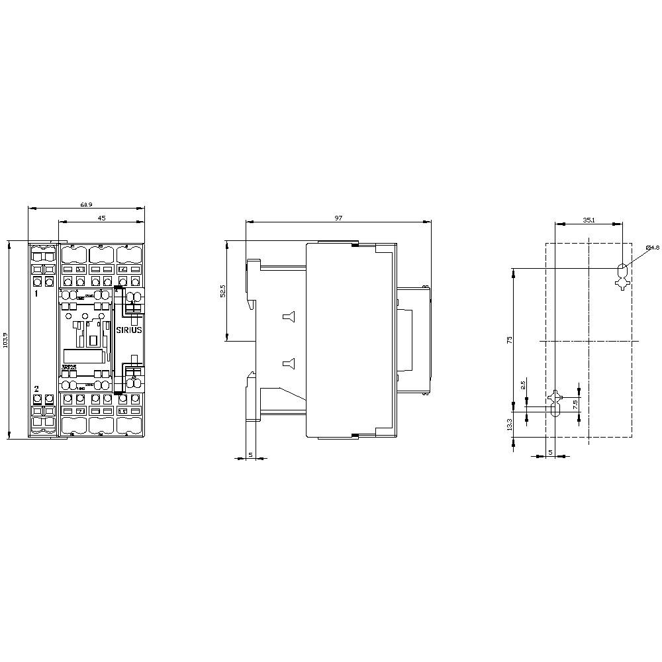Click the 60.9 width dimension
pyautogui.click(x=86, y=204)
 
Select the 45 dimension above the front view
pyautogui.click(x=101, y=217)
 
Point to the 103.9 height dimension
pyautogui.click(x=5, y=339)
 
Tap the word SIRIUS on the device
pyautogui.click(x=129, y=330)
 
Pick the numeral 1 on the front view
pyautogui.click(x=36, y=292)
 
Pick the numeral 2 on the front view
pyautogui.click(x=36, y=389)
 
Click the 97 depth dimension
pyautogui.click(x=338, y=217)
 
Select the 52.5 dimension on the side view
pyautogui.click(x=222, y=291)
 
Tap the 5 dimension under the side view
pyautogui.click(x=250, y=453)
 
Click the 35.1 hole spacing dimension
pyautogui.click(x=588, y=218)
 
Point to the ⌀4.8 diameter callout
pyautogui.click(x=652, y=248)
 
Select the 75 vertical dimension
pyautogui.click(x=509, y=339)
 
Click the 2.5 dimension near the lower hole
pyautogui.click(x=523, y=385)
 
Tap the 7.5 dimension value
pyautogui.click(x=575, y=403)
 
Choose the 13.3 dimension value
pyautogui.click(x=509, y=424)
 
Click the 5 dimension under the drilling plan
pyautogui.click(x=551, y=453)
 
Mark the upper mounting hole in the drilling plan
pyautogui.click(x=622, y=269)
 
